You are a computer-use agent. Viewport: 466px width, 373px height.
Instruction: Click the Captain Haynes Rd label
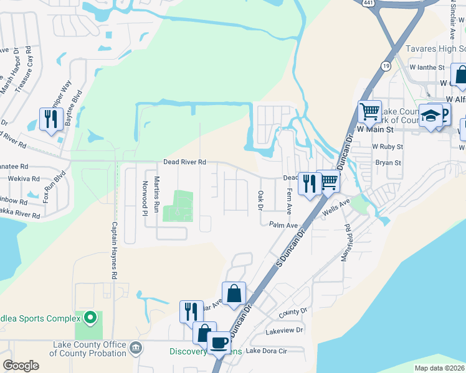(115, 250)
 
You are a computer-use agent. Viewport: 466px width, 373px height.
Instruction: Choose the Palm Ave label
(283, 224)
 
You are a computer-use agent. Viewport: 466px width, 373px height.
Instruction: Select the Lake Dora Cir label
(266, 351)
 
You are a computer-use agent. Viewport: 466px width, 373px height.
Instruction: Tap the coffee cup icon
(219, 342)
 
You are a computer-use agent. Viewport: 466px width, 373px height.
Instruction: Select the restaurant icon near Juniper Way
(49, 118)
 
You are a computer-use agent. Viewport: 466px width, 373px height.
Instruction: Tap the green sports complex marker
(90, 318)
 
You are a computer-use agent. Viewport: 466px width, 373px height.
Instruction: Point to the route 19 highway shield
(387, 64)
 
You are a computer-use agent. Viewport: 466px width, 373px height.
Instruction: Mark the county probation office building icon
(136, 346)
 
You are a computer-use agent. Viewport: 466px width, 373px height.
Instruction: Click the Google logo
(21, 366)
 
